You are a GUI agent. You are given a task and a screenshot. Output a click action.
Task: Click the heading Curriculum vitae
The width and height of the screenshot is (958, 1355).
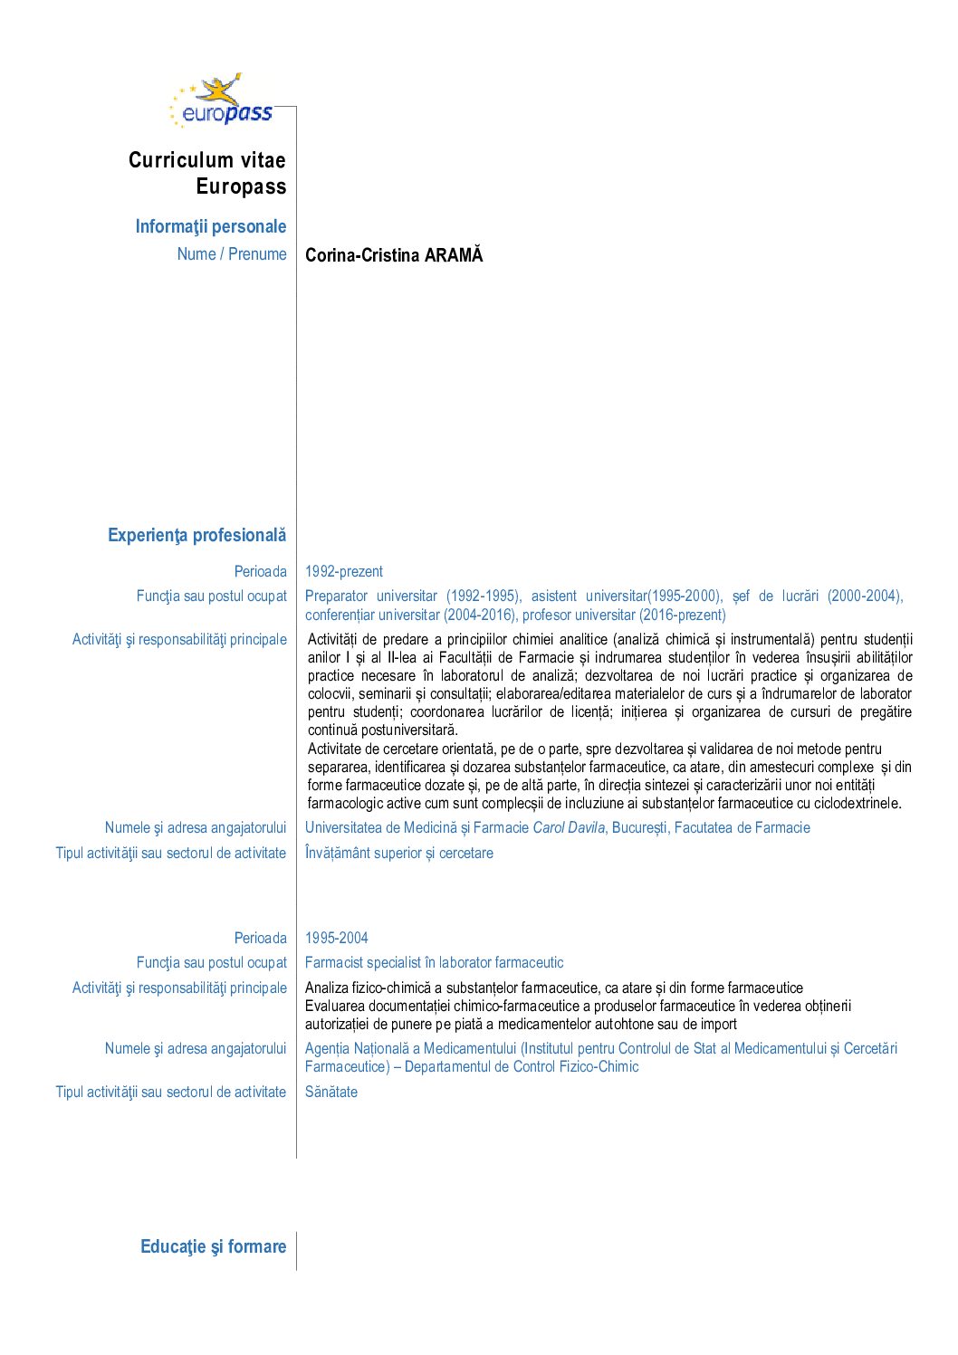point(206,160)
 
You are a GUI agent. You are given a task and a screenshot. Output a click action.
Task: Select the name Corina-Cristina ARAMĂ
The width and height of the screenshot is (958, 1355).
point(394,255)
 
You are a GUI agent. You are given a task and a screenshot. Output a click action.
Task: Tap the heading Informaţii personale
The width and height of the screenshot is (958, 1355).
point(210,226)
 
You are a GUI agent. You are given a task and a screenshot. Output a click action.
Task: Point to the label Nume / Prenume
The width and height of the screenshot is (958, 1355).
point(232,254)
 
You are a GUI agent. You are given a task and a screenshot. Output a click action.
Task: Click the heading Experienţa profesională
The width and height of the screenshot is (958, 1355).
point(196,535)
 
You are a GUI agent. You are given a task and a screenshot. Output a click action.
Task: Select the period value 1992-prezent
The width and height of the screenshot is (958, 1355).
point(343,571)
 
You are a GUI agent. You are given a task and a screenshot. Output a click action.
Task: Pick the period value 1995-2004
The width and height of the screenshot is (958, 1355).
point(336,938)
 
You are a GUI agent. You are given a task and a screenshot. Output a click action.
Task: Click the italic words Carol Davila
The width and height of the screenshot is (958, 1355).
point(569,827)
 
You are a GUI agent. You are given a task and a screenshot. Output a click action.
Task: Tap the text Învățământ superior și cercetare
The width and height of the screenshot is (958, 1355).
point(398,853)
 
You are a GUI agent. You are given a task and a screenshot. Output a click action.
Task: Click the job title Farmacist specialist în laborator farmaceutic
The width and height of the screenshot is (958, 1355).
point(434,962)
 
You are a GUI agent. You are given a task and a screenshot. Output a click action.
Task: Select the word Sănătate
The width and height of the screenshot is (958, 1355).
point(331,1092)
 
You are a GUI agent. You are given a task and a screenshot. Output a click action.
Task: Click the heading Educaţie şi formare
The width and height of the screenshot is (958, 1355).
point(213,1246)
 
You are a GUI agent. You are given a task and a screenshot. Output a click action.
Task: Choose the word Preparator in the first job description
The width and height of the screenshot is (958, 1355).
point(336,596)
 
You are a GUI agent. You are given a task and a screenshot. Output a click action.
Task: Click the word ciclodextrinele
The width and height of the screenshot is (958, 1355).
point(856,803)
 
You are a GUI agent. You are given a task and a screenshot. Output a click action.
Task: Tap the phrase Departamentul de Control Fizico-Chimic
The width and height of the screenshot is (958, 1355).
point(522,1066)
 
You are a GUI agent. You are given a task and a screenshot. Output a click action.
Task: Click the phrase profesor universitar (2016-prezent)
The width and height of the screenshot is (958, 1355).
point(624,615)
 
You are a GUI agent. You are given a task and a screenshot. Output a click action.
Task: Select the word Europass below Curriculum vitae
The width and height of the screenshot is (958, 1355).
point(241,186)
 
